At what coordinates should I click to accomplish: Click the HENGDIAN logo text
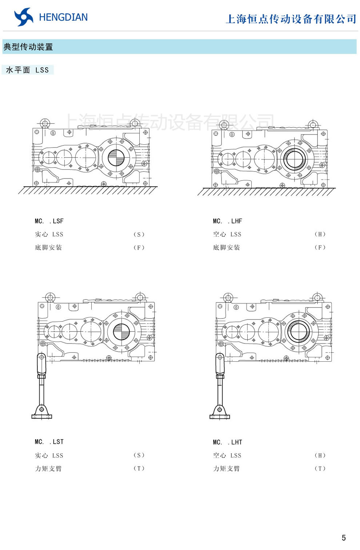tap(63, 17)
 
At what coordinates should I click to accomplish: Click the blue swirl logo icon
tap(24, 17)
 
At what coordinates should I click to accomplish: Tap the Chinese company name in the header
tap(291, 19)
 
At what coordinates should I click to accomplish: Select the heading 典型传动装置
tap(28, 47)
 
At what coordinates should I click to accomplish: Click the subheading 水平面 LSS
tap(27, 70)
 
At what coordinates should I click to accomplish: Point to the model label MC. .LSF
tap(49, 221)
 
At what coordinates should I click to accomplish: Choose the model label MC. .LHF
tap(227, 221)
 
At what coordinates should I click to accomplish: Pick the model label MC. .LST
tap(49, 442)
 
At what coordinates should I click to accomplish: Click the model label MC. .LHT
tap(227, 442)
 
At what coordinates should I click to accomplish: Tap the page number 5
tap(344, 538)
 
